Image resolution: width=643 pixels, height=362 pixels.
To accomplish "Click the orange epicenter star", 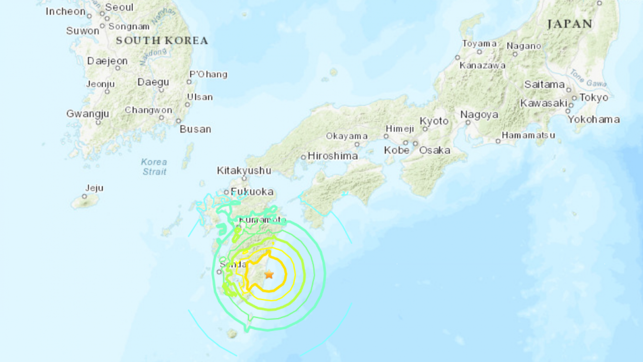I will (x=269, y=274).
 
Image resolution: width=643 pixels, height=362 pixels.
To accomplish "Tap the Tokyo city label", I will (x=593, y=97).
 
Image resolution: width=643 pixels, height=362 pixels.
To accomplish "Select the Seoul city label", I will (x=119, y=7).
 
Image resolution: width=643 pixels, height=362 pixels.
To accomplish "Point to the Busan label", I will (x=195, y=129).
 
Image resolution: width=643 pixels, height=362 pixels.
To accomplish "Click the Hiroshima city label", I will (x=332, y=156).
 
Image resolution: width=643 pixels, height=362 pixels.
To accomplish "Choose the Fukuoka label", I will (x=252, y=192).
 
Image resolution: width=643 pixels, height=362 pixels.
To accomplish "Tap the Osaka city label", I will (x=434, y=150).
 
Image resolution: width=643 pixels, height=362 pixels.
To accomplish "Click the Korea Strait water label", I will (x=154, y=166).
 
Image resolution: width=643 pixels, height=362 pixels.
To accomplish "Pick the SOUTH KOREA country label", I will (x=162, y=41).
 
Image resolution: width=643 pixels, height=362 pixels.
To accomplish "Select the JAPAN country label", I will (x=570, y=24).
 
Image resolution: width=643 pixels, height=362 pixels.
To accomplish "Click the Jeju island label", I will (x=94, y=188).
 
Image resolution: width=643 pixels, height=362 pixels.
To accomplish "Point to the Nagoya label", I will (x=479, y=114).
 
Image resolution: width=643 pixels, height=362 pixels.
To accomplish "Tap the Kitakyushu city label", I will (x=244, y=170).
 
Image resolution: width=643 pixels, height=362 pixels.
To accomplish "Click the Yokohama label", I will (x=593, y=119).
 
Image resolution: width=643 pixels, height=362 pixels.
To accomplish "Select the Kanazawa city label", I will (x=482, y=65).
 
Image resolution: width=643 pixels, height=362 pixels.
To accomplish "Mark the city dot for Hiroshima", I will (x=303, y=157).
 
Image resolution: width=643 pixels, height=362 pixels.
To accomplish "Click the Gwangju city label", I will (x=88, y=114).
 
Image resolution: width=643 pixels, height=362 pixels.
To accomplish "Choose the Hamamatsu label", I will (x=528, y=135).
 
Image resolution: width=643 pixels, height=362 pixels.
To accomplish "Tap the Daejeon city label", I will (x=107, y=61).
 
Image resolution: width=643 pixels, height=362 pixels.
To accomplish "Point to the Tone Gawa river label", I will (x=589, y=78).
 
